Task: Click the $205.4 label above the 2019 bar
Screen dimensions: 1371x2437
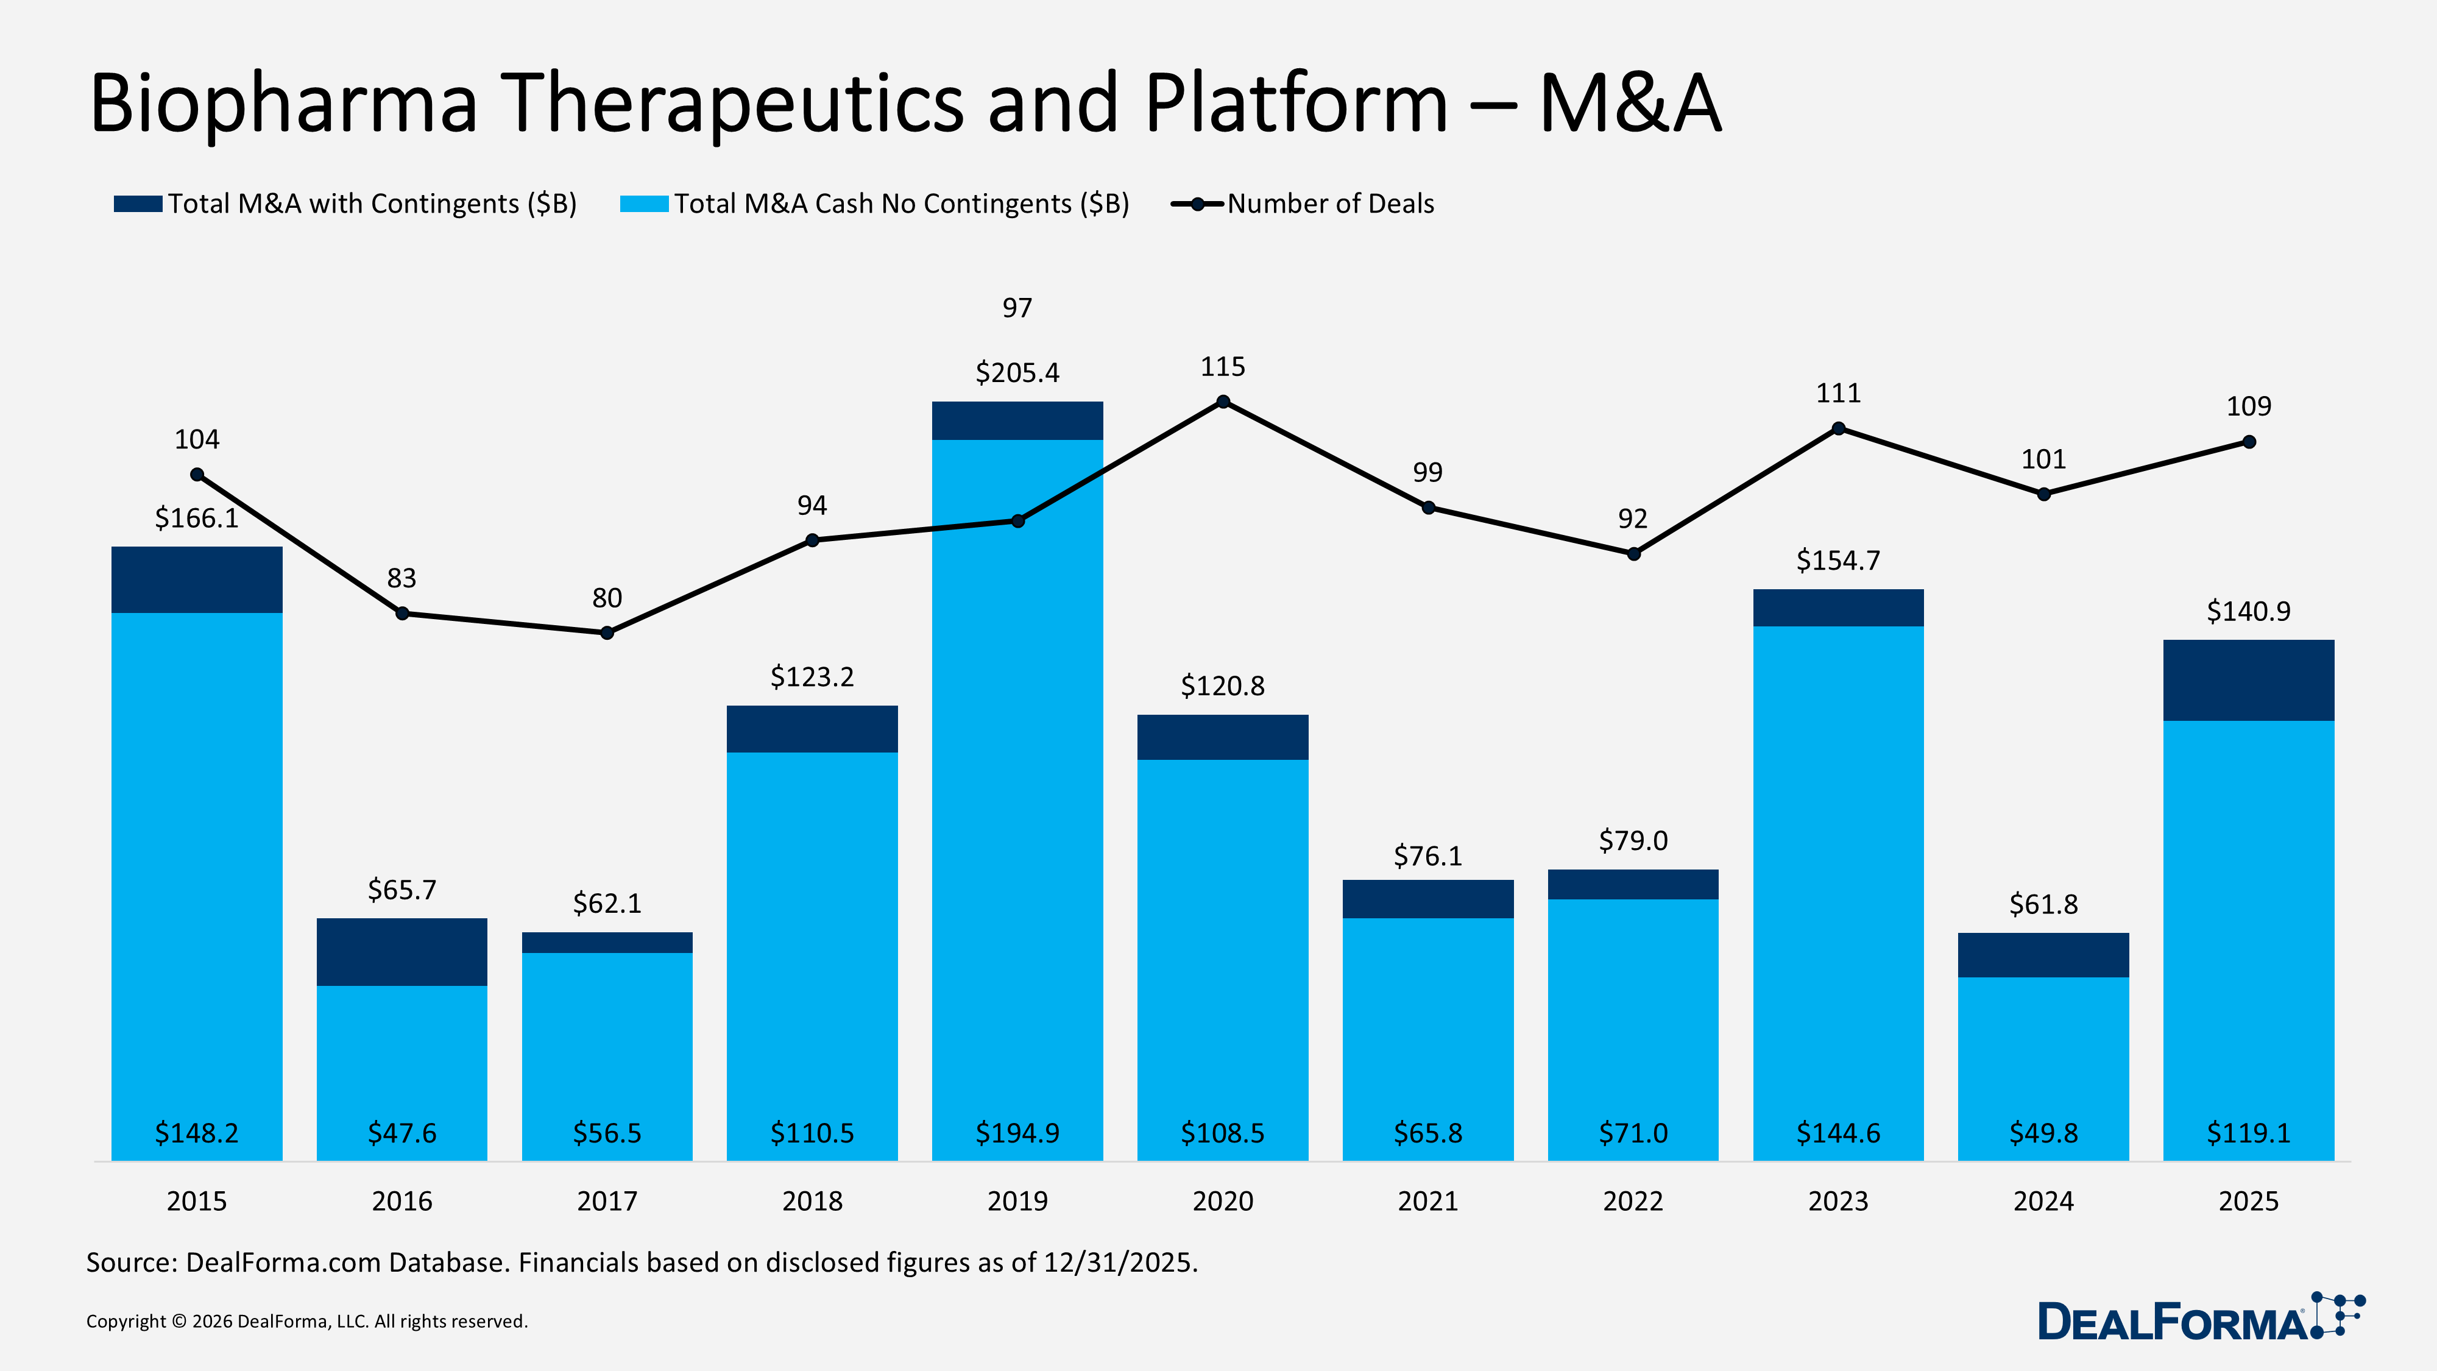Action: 1017,373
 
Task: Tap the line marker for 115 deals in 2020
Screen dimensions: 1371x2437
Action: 1222,402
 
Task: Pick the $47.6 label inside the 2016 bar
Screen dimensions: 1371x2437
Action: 402,1133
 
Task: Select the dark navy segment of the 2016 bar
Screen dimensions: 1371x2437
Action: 402,952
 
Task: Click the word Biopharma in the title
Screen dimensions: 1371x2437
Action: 284,104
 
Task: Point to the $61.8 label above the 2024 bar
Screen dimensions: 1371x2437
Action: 2043,904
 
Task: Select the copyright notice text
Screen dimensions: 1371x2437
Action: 306,1321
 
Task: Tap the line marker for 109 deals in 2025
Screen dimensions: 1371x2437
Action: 2249,442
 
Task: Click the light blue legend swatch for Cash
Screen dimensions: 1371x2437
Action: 644,204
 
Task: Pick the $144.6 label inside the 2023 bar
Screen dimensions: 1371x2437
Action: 1838,1133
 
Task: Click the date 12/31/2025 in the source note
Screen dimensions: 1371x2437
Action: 1119,1262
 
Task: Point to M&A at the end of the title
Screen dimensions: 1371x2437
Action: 1629,104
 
